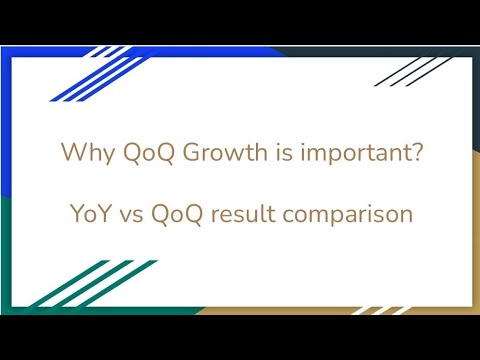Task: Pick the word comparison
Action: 356,214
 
